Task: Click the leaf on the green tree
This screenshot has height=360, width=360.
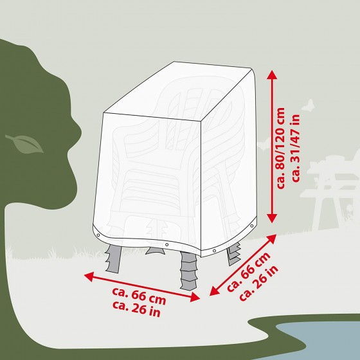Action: pos(25,144)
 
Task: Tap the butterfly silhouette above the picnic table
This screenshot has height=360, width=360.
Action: pos(308,105)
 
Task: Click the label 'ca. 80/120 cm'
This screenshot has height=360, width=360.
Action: pos(280,148)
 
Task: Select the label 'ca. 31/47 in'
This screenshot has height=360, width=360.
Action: pos(295,148)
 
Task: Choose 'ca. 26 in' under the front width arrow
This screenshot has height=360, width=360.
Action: pos(136,309)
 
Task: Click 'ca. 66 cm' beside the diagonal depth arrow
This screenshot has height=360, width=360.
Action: pos(249,272)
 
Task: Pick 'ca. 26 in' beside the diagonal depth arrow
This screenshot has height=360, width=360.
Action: pos(258,283)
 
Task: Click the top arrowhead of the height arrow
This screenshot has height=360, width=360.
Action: pos(273,75)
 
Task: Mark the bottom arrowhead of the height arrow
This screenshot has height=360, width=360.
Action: pos(273,218)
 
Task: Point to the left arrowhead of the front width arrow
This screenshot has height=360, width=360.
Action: pos(89,276)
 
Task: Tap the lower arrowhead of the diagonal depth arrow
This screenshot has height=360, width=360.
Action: pos(214,291)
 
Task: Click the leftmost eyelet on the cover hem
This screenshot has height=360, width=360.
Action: pos(98,235)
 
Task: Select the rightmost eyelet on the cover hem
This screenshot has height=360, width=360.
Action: pos(252,226)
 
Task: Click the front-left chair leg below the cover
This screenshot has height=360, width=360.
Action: pos(113,258)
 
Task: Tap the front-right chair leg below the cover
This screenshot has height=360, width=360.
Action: pos(189,271)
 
